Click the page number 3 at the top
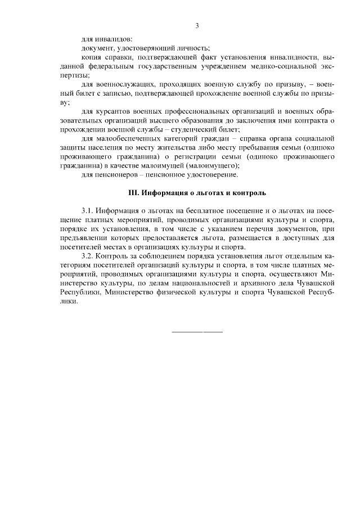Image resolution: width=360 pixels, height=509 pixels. pyautogui.click(x=197, y=25)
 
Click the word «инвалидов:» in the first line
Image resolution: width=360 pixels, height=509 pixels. pyautogui.click(x=114, y=39)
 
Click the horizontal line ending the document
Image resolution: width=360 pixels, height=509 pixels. pyautogui.click(x=197, y=331)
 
